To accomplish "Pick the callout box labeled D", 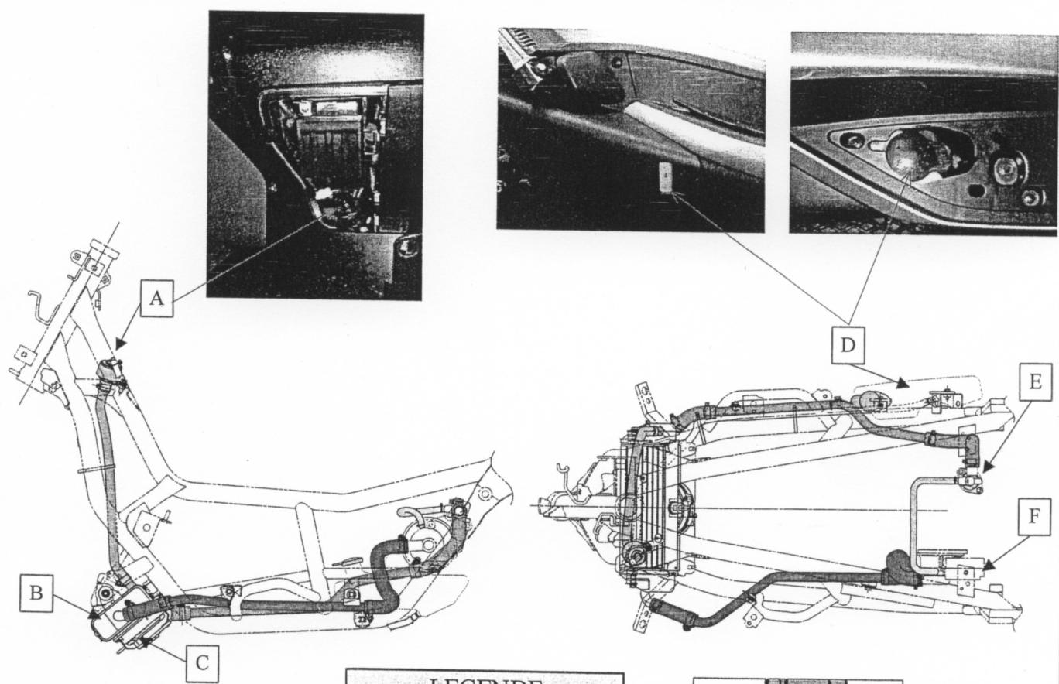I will [x=849, y=345].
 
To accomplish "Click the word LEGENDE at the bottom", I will [x=484, y=679].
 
